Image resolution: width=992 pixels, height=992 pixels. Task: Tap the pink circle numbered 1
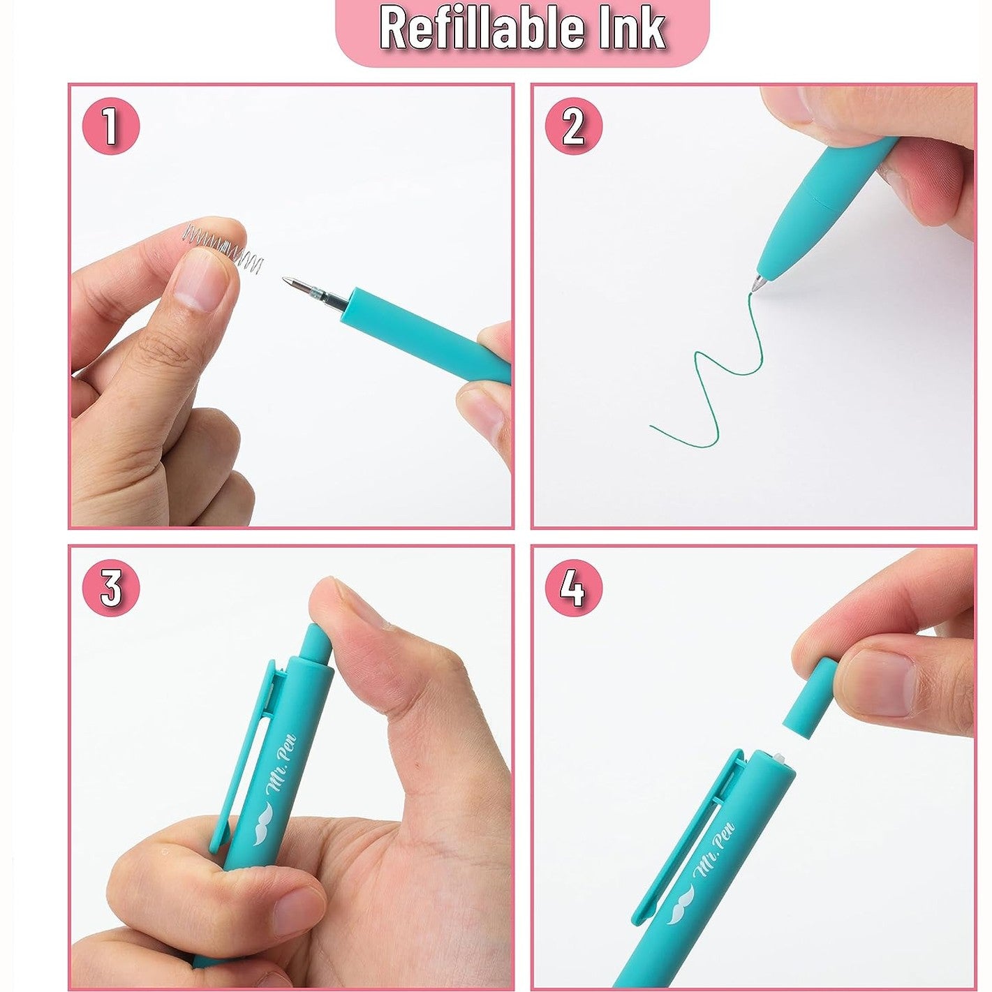coord(110,126)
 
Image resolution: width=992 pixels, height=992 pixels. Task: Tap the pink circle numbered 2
coord(573,126)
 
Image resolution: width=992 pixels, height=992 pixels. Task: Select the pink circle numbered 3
coord(110,588)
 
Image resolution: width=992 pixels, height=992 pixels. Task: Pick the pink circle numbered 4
coord(573,588)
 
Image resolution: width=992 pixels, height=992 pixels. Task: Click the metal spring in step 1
coord(225,245)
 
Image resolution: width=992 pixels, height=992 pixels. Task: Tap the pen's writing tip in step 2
coord(757,284)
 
